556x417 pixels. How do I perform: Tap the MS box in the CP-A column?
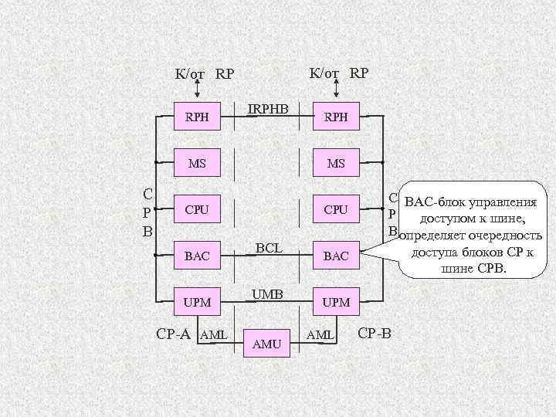(x=198, y=164)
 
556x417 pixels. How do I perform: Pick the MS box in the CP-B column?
(x=336, y=164)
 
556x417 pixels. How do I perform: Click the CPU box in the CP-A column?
(x=198, y=209)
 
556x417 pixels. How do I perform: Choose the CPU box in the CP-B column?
(x=336, y=209)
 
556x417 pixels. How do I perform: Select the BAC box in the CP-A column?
(x=198, y=256)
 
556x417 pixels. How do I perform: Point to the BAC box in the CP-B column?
(x=336, y=256)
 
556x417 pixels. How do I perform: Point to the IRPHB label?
(x=267, y=110)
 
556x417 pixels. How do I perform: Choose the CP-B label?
(x=375, y=334)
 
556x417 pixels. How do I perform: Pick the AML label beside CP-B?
(x=320, y=334)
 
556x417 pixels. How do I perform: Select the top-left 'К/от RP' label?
(x=204, y=75)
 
